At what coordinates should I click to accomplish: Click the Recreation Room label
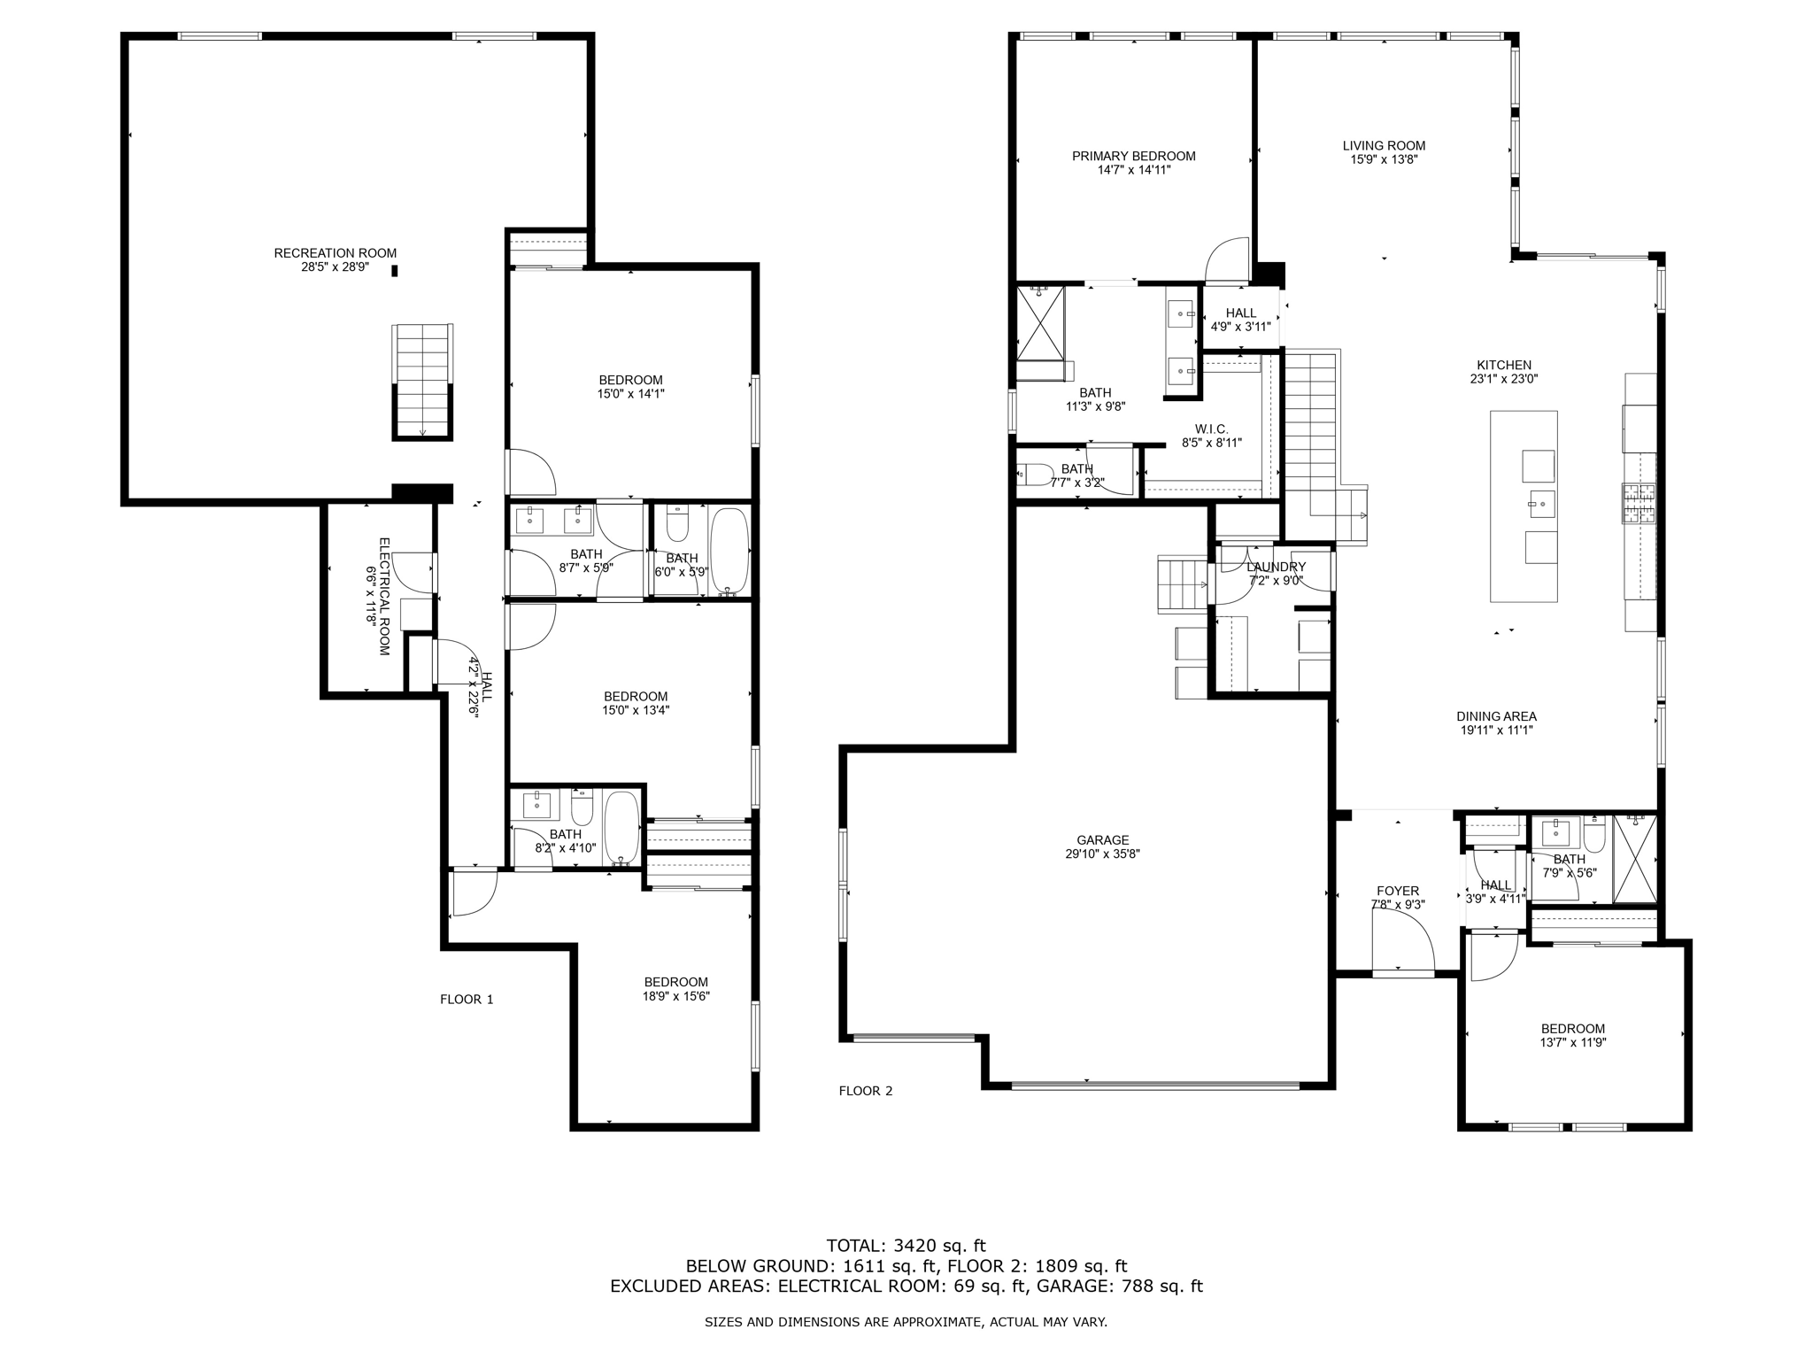(x=335, y=253)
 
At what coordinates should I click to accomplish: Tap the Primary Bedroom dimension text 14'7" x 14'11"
(x=1133, y=170)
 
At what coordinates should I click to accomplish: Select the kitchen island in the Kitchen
(x=1524, y=506)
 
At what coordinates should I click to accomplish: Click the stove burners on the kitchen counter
(x=1639, y=504)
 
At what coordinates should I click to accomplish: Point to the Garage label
(x=1102, y=840)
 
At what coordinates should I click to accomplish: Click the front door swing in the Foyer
(x=1403, y=943)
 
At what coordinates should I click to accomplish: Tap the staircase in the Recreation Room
(x=422, y=381)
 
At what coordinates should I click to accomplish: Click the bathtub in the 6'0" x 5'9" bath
(x=729, y=550)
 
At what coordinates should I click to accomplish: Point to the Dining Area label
(x=1496, y=716)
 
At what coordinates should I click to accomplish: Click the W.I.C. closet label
(x=1211, y=429)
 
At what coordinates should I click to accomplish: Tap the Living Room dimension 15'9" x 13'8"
(x=1384, y=160)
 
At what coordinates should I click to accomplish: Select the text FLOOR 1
(x=467, y=1000)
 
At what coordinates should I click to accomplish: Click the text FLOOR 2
(x=866, y=1091)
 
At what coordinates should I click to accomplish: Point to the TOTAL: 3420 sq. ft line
(x=906, y=1246)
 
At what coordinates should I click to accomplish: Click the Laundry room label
(x=1276, y=568)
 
